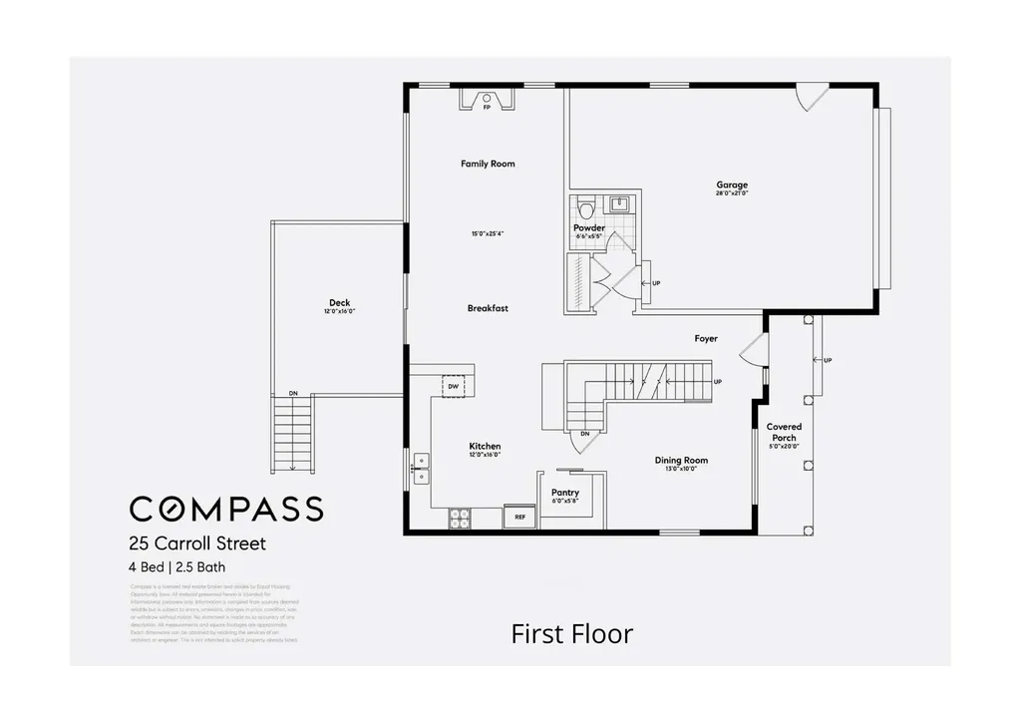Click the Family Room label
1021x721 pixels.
(x=488, y=164)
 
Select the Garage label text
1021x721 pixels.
(x=731, y=184)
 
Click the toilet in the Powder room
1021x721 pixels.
(x=587, y=209)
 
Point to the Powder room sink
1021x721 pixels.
(x=618, y=204)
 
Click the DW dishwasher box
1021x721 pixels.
(x=453, y=386)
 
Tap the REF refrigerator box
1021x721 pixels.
(x=519, y=517)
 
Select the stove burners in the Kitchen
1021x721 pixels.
(x=461, y=517)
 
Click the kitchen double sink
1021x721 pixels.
(x=421, y=463)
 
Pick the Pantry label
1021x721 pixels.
(x=565, y=493)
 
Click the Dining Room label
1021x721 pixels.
(x=681, y=460)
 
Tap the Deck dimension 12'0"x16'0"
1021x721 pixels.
(x=340, y=312)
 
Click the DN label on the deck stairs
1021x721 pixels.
(x=293, y=394)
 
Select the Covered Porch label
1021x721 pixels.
(x=784, y=432)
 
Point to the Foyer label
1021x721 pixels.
(x=706, y=339)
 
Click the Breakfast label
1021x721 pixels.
(x=488, y=308)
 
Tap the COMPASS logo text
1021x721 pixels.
(x=226, y=508)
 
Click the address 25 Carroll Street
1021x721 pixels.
(x=196, y=544)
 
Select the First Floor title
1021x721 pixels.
(x=571, y=633)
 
